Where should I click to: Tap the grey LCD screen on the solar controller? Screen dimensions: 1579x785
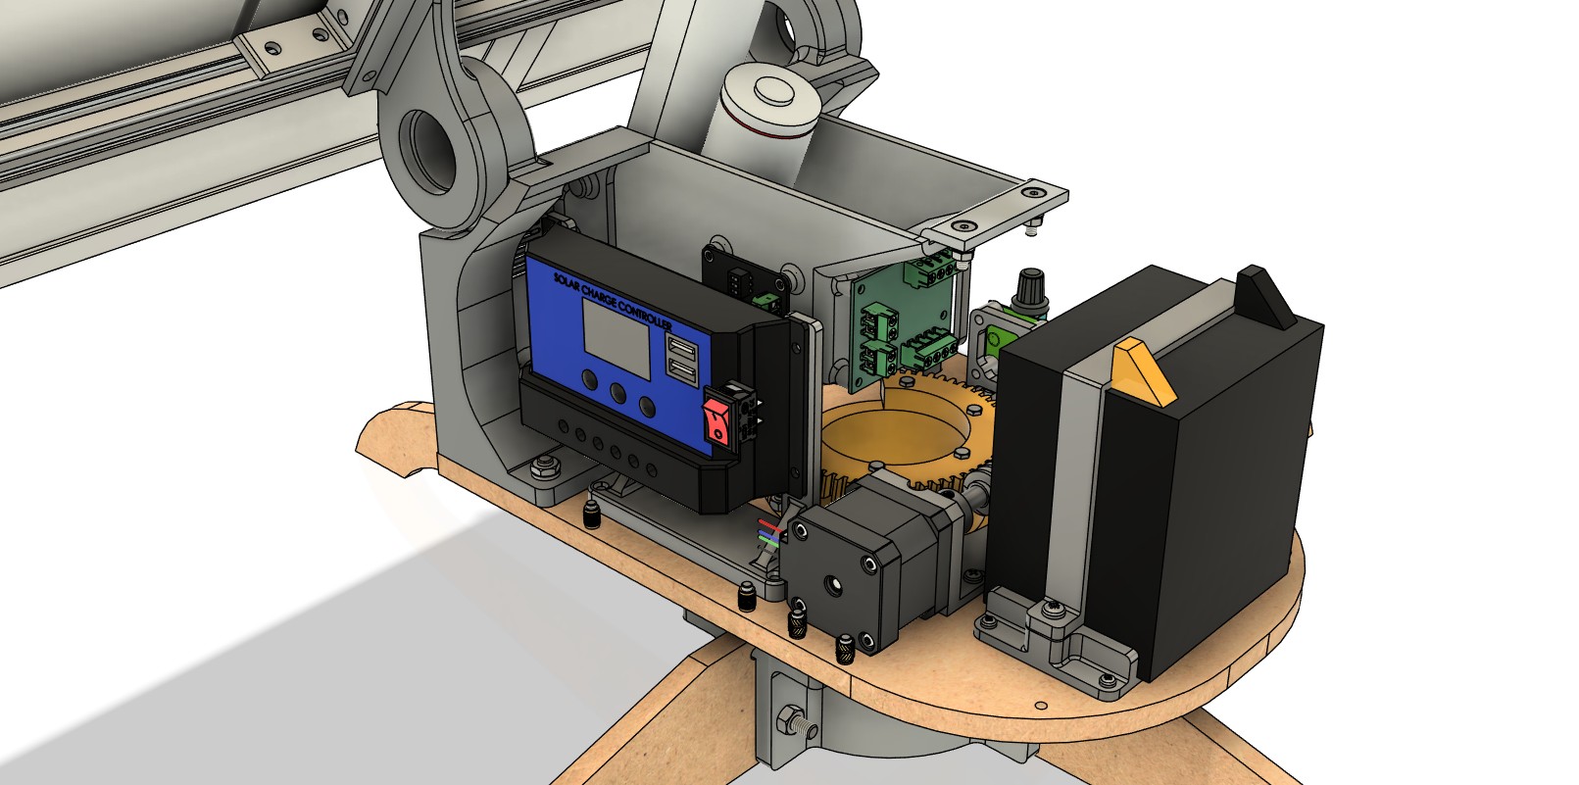pos(617,339)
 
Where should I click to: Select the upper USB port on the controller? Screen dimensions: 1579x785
pos(682,349)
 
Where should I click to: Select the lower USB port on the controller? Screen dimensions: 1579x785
pos(681,371)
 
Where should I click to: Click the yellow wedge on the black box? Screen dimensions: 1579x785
pos(1143,371)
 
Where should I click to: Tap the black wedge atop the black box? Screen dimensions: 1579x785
pos(1265,297)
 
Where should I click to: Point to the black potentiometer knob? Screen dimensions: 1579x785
pos(1030,289)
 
